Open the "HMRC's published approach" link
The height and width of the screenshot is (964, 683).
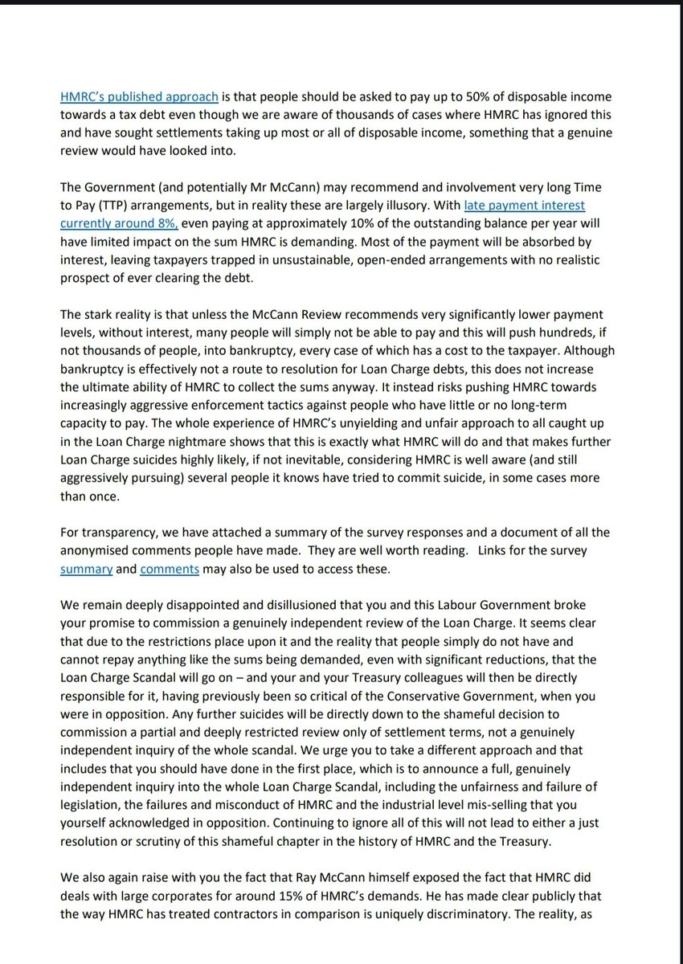[139, 97]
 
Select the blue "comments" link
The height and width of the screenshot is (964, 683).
[168, 570]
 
